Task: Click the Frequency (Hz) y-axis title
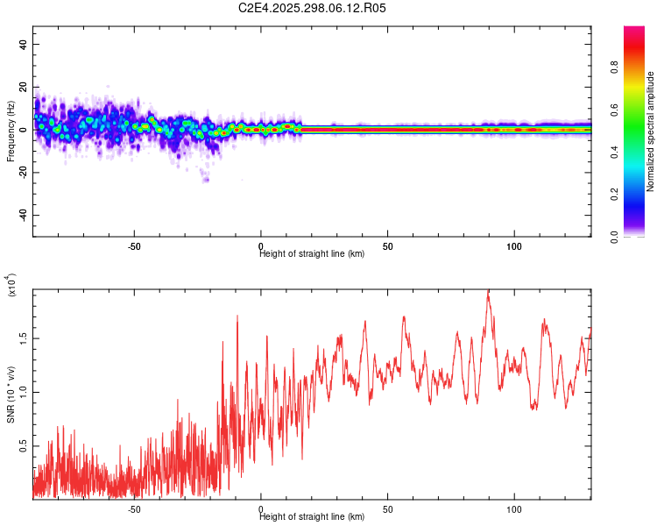pos(11,131)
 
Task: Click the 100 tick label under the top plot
pos(514,246)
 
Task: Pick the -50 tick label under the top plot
pos(134,246)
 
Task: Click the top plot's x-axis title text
pos(312,254)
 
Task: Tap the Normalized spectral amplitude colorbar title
pos(650,131)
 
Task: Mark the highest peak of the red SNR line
pos(488,291)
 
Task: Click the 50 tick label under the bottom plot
pos(387,509)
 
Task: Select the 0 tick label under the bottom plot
pos(261,509)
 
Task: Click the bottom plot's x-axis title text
pos(312,517)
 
